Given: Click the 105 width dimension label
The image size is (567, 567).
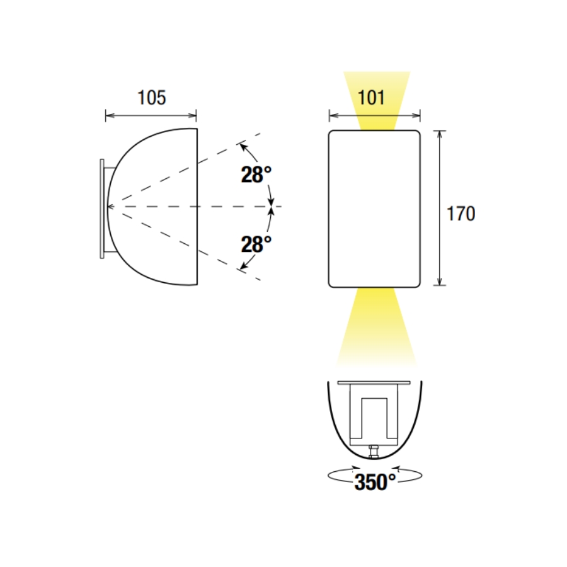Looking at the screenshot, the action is point(152,98).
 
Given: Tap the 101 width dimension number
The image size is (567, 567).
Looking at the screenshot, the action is point(371,98).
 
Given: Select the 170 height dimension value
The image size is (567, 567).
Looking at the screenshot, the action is point(461,214).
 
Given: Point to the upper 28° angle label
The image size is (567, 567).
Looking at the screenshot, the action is point(256,175).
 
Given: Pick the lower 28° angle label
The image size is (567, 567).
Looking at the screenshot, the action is point(256,244).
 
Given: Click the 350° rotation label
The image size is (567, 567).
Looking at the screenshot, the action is point(375,482).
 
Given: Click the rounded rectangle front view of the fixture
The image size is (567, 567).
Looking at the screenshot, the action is point(374,209).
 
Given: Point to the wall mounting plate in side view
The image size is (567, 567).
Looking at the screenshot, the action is point(102,209).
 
